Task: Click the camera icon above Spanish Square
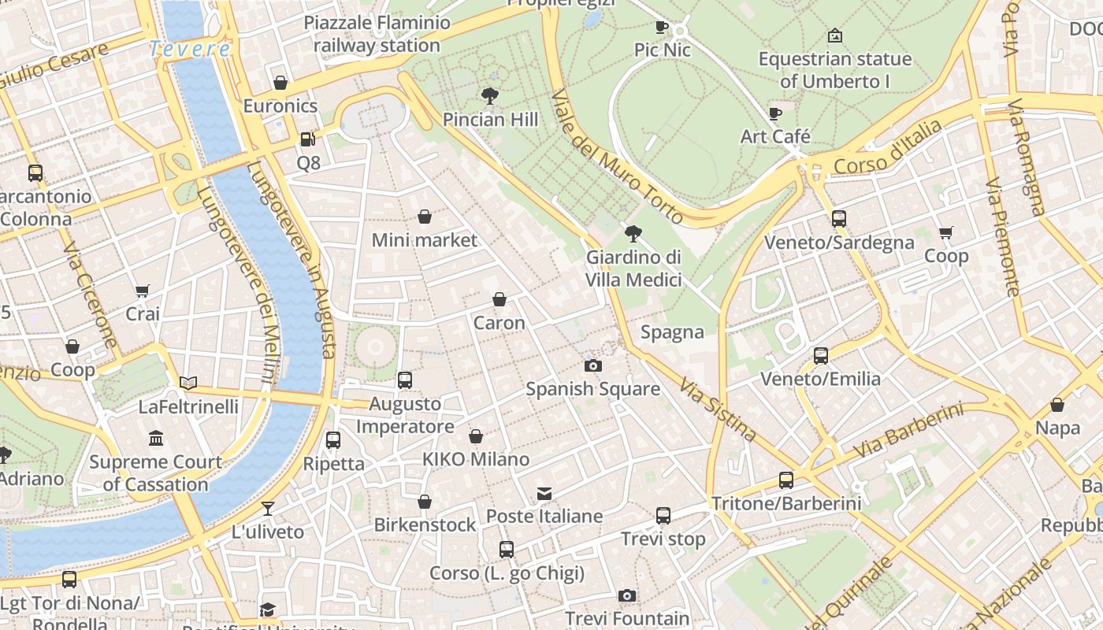(593, 365)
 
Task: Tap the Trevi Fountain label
(627, 619)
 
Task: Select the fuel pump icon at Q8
(308, 139)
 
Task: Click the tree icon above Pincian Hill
(490, 96)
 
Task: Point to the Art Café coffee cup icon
(775, 113)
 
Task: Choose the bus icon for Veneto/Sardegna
(839, 219)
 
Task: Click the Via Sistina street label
(719, 410)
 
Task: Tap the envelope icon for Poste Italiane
(544, 494)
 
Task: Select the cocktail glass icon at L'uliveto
(268, 509)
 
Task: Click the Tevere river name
(190, 49)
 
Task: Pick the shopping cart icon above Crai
(143, 291)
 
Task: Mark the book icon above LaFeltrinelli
(188, 384)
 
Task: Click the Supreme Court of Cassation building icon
(156, 439)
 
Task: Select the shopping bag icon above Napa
(1057, 405)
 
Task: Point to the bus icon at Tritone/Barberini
(785, 480)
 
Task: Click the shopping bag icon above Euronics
(280, 83)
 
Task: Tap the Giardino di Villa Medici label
(633, 269)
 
